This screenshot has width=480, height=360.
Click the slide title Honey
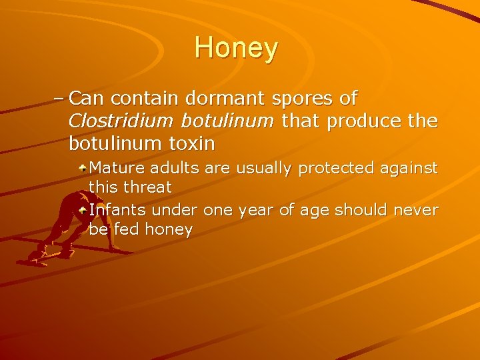[x=237, y=49]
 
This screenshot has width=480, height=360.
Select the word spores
[x=304, y=99]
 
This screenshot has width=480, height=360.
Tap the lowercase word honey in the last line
[x=168, y=230]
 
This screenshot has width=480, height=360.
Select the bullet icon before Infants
[x=82, y=209]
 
